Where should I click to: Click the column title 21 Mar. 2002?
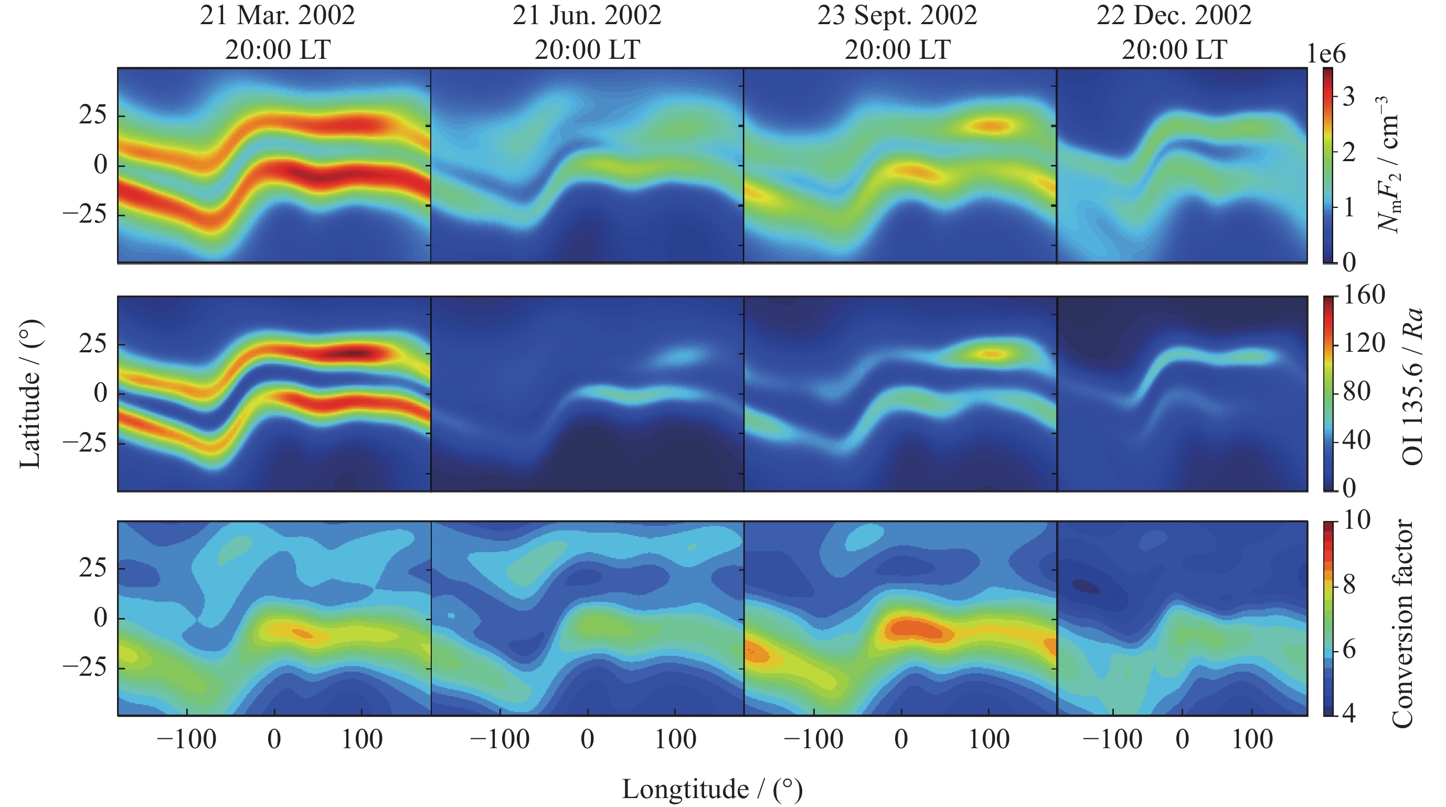[x=278, y=15]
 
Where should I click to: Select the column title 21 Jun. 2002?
[x=587, y=15]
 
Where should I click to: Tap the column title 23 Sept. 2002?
[x=897, y=15]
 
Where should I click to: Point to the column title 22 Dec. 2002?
[x=1174, y=15]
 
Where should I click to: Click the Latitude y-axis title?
[x=30, y=393]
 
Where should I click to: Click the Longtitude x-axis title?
[x=712, y=789]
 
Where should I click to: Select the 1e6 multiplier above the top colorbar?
[x=1326, y=54]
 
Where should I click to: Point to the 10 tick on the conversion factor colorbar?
[x=1356, y=521]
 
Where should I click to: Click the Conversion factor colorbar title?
[x=1401, y=623]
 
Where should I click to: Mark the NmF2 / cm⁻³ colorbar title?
[x=1390, y=164]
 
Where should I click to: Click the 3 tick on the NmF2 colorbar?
[x=1349, y=97]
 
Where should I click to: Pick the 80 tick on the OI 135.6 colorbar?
[x=1357, y=392]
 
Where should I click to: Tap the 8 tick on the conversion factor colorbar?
[x=1349, y=585]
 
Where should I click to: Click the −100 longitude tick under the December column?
[x=1112, y=740]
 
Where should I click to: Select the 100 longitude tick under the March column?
[x=362, y=740]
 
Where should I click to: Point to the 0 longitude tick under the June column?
[x=587, y=740]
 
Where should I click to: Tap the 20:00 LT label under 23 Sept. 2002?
[x=897, y=50]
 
